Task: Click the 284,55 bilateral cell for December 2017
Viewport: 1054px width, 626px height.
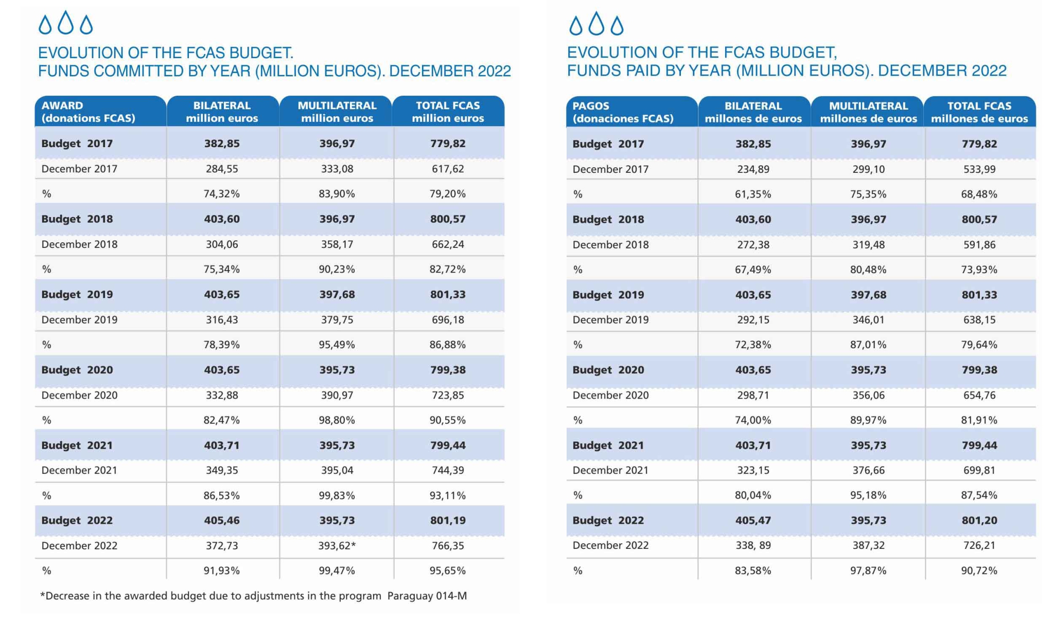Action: [x=222, y=169]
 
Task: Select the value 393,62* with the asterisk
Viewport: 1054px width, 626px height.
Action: [x=337, y=546]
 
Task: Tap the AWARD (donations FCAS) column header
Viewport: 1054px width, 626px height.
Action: [x=89, y=112]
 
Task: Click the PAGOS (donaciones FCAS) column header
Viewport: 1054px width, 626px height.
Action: [x=623, y=112]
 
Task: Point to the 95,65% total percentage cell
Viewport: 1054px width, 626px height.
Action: [x=448, y=570]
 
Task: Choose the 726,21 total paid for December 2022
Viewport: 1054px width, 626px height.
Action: [x=979, y=545]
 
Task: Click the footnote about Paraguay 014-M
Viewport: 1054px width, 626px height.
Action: [x=254, y=596]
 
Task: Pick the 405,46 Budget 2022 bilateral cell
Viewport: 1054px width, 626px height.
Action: [x=222, y=520]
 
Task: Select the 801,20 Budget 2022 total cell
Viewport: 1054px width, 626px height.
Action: [x=979, y=520]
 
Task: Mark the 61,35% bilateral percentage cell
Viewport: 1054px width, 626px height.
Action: [x=753, y=194]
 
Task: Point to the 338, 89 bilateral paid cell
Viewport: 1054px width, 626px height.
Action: [x=753, y=545]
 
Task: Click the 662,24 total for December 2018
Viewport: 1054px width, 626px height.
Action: [x=448, y=244]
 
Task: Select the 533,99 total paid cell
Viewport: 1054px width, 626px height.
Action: [x=979, y=169]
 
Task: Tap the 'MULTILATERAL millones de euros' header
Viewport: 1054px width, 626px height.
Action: [x=869, y=112]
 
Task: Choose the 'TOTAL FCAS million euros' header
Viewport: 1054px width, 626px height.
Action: [x=448, y=112]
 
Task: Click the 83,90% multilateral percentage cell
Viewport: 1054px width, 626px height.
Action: [x=337, y=194]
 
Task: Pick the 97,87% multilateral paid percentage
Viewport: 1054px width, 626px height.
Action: [x=869, y=570]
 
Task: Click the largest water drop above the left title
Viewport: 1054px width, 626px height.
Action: [x=65, y=23]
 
